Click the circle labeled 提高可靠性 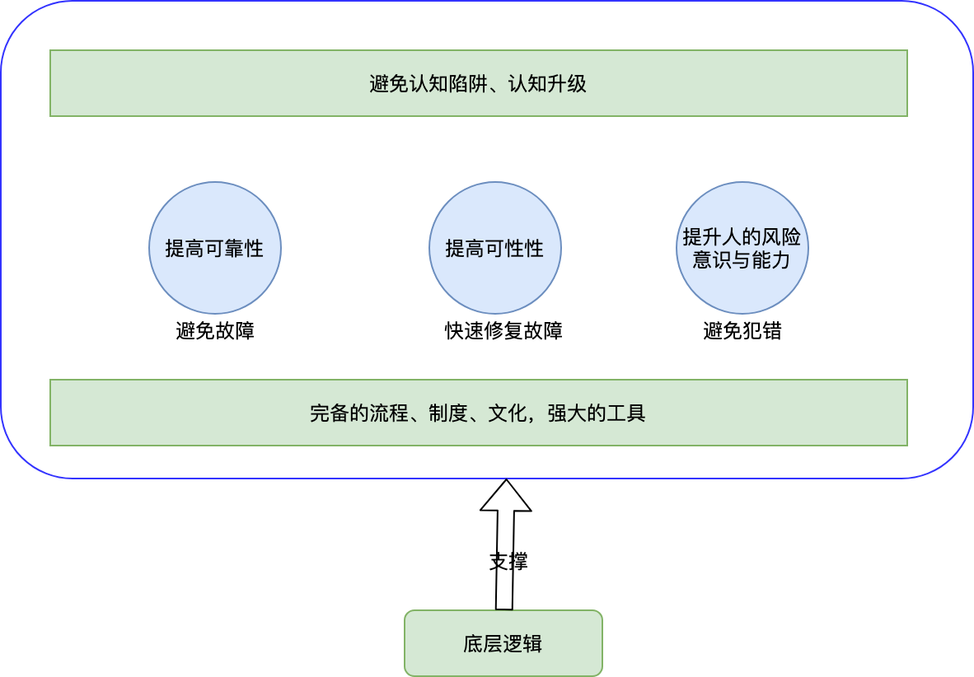[x=215, y=248]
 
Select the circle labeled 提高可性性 [x=495, y=248]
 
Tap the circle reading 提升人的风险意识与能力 [x=742, y=248]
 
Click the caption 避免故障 [x=215, y=330]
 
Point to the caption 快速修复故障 [x=503, y=330]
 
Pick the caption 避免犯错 [x=742, y=330]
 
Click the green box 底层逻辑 [x=503, y=643]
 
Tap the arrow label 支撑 [x=508, y=561]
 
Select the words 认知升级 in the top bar [x=547, y=83]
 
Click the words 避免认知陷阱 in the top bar [x=428, y=83]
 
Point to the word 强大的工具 [x=597, y=413]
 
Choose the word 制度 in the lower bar [x=448, y=413]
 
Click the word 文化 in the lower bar [x=508, y=413]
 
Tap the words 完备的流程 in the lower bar [x=359, y=413]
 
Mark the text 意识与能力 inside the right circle [x=742, y=259]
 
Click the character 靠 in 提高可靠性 [x=235, y=249]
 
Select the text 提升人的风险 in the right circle [x=742, y=236]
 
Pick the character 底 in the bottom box [x=473, y=643]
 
